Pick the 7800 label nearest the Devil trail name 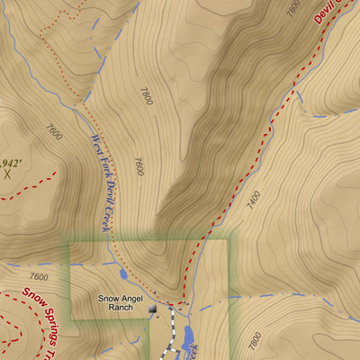292,9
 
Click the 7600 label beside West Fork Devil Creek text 138,166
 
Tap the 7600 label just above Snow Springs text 38,277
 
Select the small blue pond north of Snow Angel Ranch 123,274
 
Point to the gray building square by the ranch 152,310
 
